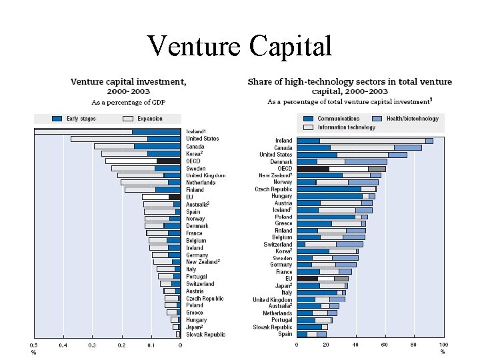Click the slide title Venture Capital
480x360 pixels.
(239, 46)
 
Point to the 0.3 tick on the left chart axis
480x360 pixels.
(92, 345)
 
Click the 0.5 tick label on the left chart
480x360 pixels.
(33, 345)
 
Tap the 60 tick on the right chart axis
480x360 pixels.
(385, 345)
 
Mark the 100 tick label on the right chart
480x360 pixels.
(443, 345)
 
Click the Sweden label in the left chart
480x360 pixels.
(195, 168)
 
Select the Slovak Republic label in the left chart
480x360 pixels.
(205, 334)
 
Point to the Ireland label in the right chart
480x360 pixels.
(283, 141)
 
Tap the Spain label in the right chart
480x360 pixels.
(285, 334)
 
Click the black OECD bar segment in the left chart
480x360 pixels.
(168, 161)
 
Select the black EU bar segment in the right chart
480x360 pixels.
(307, 279)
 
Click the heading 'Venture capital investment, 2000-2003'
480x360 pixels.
(128, 87)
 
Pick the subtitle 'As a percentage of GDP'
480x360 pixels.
(128, 102)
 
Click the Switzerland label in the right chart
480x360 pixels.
(278, 244)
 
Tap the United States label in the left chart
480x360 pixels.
(202, 139)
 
